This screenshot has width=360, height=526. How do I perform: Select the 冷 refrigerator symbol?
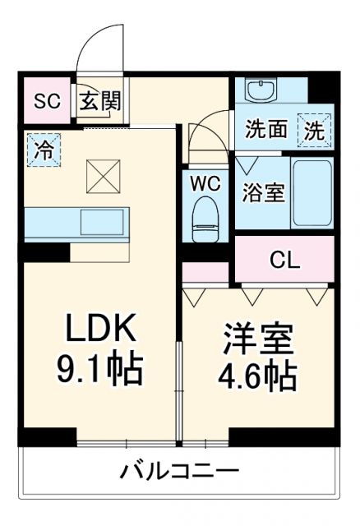[43, 150]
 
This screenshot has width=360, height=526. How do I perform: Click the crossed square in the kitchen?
[104, 173]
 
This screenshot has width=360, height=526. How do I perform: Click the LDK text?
[99, 330]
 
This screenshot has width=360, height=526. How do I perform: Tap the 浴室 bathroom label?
[262, 194]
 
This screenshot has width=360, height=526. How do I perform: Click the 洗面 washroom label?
[266, 129]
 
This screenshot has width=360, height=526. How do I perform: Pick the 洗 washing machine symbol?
[316, 128]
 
